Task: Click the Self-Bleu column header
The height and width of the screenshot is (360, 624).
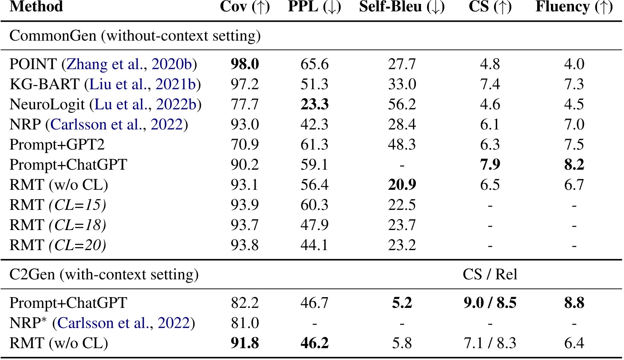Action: (402, 7)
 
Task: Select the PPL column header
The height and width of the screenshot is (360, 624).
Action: (315, 7)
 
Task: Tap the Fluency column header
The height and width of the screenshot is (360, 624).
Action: (574, 7)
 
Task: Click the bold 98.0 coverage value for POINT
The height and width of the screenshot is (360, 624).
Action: (245, 64)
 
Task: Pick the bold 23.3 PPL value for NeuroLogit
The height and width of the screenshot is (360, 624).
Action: (315, 104)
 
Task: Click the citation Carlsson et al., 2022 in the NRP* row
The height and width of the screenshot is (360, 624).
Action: (123, 323)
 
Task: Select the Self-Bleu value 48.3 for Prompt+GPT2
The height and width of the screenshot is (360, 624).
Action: (402, 145)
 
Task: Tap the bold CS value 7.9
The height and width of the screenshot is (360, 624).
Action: (490, 165)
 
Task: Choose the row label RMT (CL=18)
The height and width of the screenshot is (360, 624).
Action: (58, 225)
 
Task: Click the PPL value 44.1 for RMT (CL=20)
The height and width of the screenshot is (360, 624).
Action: (315, 245)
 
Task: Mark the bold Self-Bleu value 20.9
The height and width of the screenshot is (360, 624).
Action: (402, 185)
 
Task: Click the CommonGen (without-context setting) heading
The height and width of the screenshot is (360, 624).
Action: (135, 35)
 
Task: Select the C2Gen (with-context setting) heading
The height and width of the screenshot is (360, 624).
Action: (104, 274)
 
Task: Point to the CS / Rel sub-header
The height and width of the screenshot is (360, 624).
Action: (490, 274)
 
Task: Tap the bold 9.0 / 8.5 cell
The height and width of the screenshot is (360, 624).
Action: (490, 303)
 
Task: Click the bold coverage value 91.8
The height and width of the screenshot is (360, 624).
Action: (245, 343)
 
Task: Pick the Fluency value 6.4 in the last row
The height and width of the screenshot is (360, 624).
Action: (574, 343)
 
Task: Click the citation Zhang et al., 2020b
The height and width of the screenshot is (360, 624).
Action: (130, 64)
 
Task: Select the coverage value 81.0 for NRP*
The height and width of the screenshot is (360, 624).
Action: (245, 323)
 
